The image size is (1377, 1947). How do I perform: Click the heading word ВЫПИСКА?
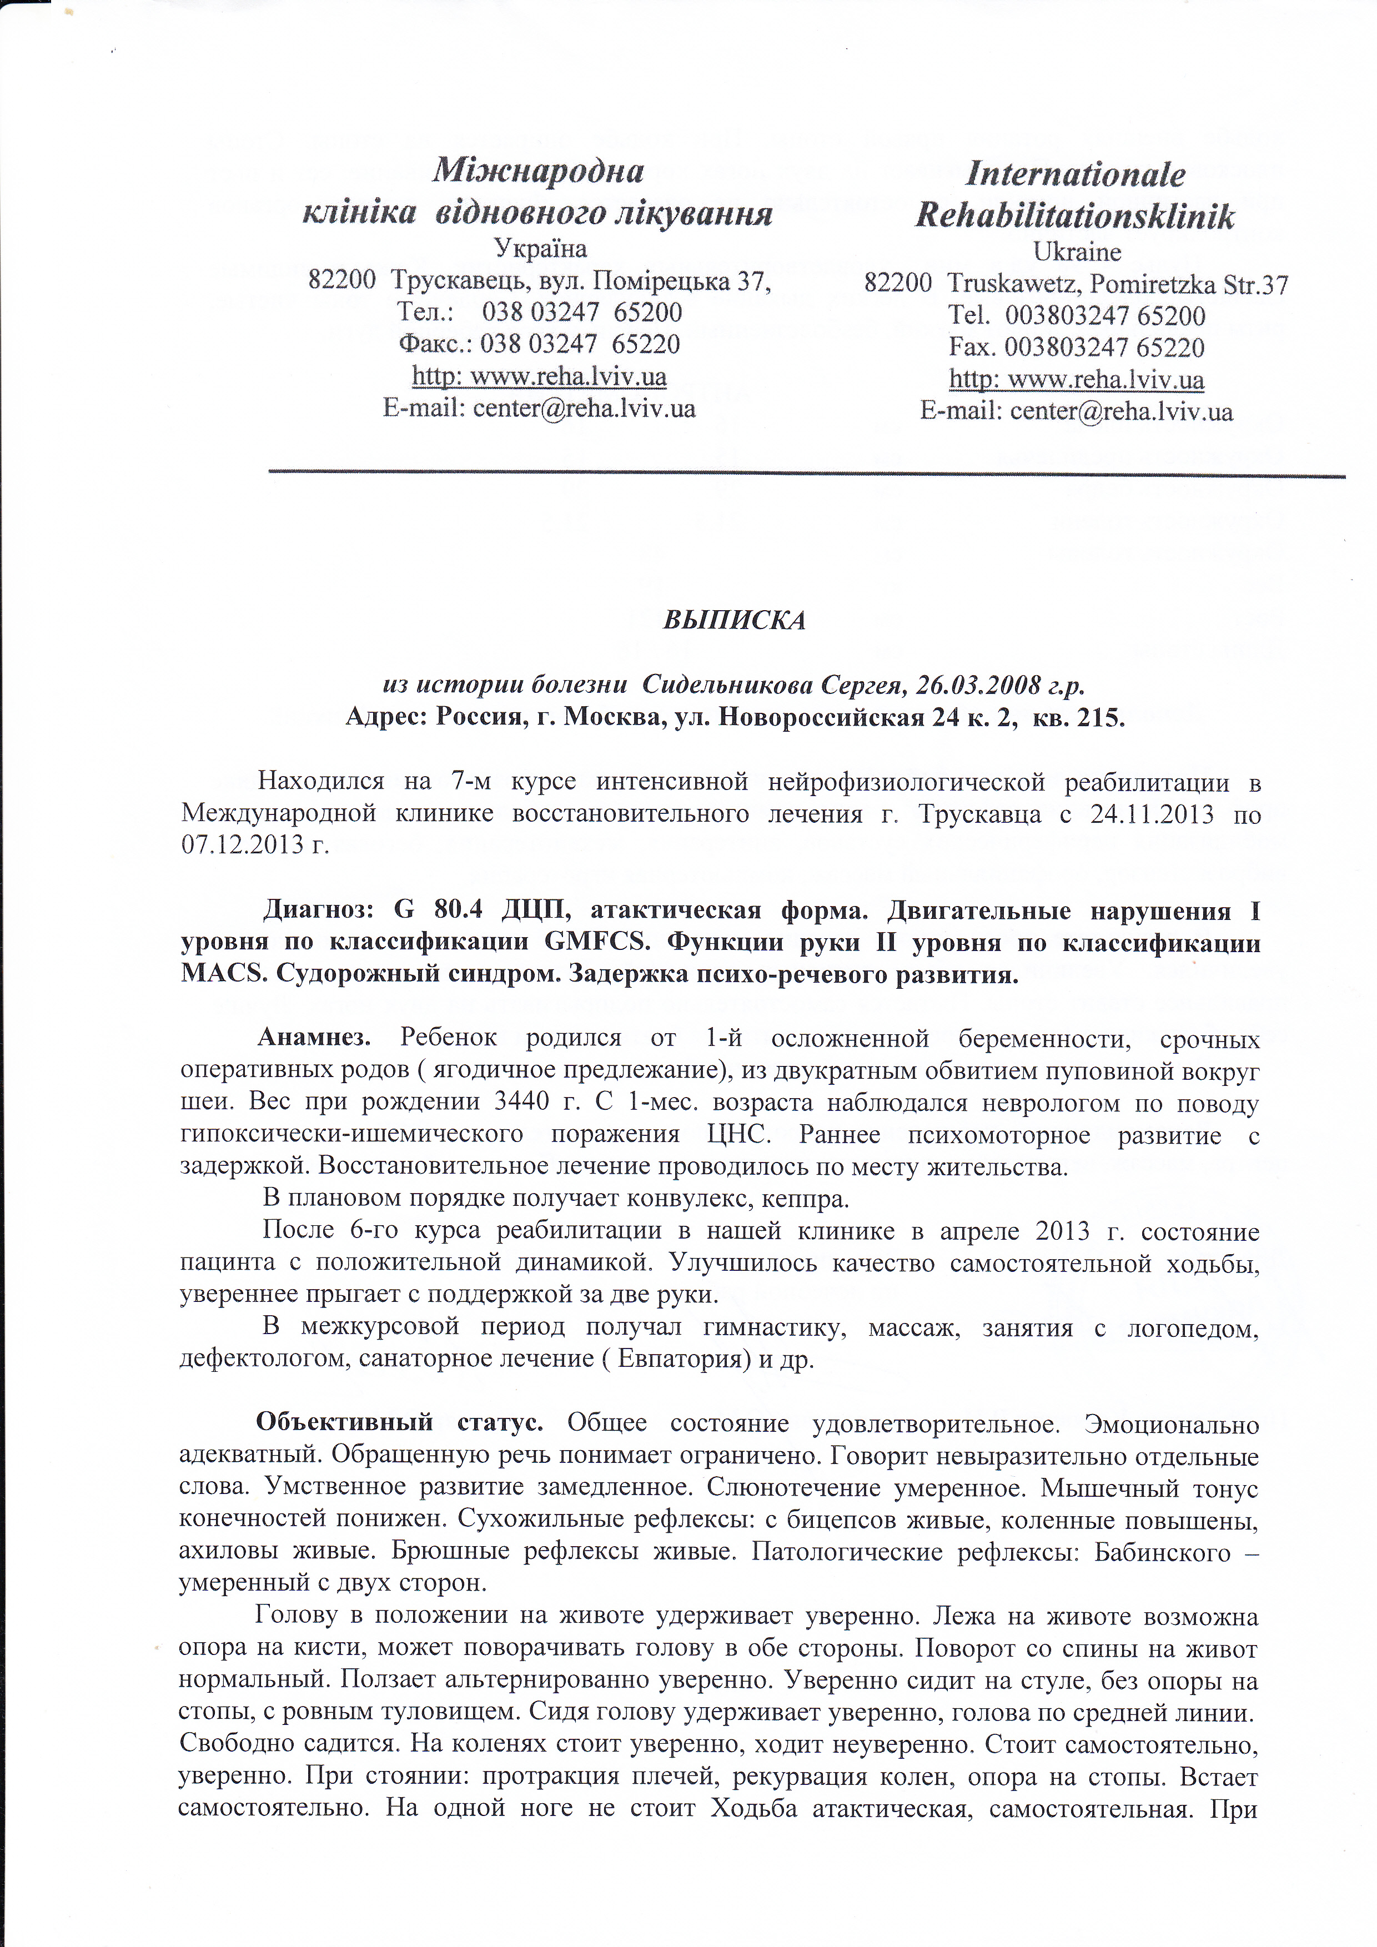[x=733, y=620]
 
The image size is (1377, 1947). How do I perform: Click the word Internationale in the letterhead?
[x=1075, y=175]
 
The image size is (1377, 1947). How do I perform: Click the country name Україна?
[x=540, y=249]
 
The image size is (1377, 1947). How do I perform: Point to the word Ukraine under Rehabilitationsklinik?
[x=1077, y=252]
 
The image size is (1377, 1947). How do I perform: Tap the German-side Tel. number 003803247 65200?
[x=1105, y=316]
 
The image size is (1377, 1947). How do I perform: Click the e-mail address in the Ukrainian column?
[x=584, y=409]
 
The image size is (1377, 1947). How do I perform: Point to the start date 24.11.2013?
[x=1152, y=815]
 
